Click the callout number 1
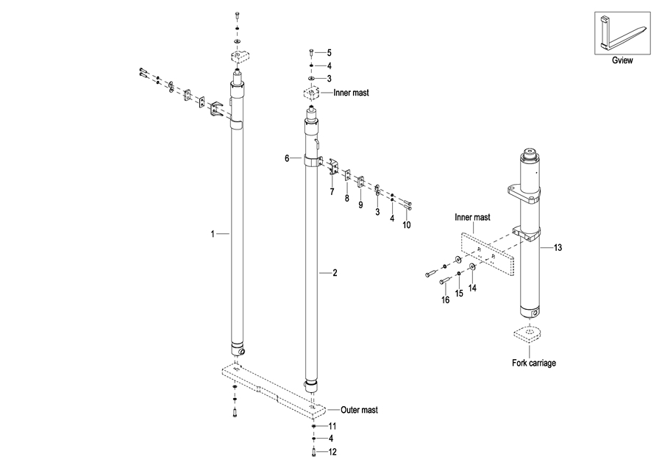(x=213, y=234)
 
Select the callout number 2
(x=335, y=273)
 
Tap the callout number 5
(x=329, y=52)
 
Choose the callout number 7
(x=332, y=192)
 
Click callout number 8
(x=347, y=198)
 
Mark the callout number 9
(x=360, y=205)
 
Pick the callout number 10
(x=406, y=224)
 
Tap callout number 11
(x=332, y=427)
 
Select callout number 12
(x=332, y=451)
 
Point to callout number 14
(x=472, y=288)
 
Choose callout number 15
(x=458, y=294)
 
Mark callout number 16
(x=445, y=300)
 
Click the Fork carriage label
(x=533, y=363)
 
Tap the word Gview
(x=622, y=61)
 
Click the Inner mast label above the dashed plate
(x=472, y=218)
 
